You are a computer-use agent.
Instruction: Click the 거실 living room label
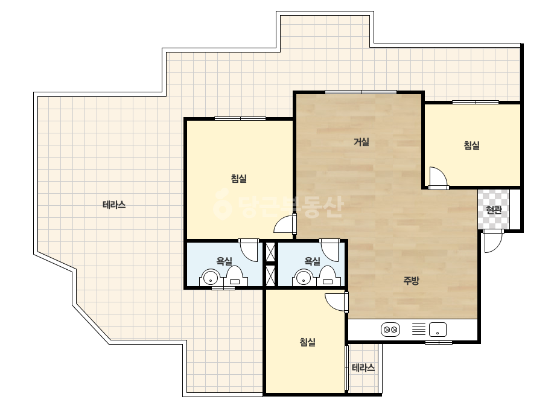point(361,142)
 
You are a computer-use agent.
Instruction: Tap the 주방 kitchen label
point(411,281)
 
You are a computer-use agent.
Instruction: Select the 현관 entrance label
point(494,210)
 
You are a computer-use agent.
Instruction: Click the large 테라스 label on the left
point(114,205)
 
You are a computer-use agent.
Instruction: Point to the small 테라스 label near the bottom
point(363,368)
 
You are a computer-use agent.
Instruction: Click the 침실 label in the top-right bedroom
point(472,145)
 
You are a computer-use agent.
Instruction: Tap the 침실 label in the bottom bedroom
point(308,342)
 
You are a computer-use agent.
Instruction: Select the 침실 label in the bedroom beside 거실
point(239,179)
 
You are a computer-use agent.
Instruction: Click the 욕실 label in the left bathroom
point(224,261)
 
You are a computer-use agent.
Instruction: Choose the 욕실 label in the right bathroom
point(313,261)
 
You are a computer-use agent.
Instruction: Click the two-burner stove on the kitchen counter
point(390,330)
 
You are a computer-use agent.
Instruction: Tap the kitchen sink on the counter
point(438,330)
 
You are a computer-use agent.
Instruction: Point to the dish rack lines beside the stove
point(418,329)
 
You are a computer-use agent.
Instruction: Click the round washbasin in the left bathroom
point(211,278)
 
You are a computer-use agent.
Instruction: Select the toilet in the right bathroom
point(327,276)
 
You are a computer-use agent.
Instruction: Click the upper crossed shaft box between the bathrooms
point(271,251)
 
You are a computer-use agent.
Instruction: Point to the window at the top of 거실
point(361,92)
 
